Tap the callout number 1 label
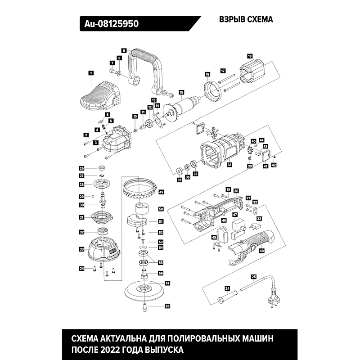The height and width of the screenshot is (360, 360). [x=91, y=72]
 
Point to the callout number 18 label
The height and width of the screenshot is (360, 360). [x=250, y=56]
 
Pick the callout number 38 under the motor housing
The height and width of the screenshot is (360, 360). [x=229, y=165]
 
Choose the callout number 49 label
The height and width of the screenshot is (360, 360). [x=161, y=192]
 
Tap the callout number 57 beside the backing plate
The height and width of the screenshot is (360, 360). [x=167, y=283]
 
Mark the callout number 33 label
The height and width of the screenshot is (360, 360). [x=81, y=249]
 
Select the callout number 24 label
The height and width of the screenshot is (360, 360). [x=227, y=288]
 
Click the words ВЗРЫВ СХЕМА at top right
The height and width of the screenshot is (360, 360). [x=246, y=20]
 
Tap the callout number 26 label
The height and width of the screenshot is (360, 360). [x=81, y=168]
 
